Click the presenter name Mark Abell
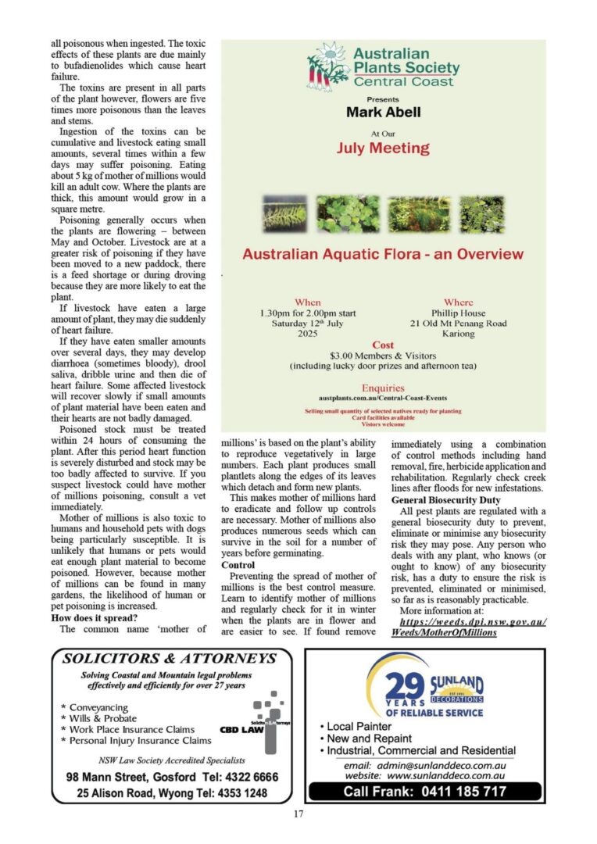click(x=383, y=113)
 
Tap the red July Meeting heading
click(x=383, y=148)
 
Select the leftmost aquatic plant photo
click(x=285, y=214)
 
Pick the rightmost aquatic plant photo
click(x=481, y=214)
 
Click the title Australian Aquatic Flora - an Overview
click(x=383, y=255)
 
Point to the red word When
click(x=307, y=302)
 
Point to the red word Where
click(x=458, y=302)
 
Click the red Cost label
click(x=383, y=345)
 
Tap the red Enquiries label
click(x=383, y=388)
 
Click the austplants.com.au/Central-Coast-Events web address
click(x=383, y=399)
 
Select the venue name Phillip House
click(x=458, y=313)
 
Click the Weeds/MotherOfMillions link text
click(x=444, y=632)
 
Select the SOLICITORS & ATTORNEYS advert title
click(x=170, y=659)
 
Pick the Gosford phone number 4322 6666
click(x=250, y=778)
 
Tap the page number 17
click(x=298, y=815)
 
